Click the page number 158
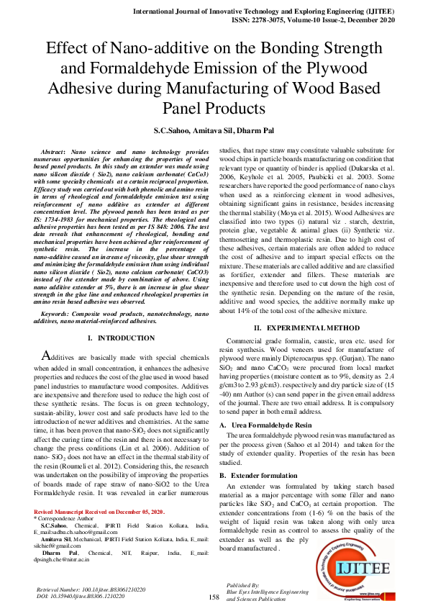pyautogui.click(x=214, y=597)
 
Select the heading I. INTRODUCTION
pyautogui.click(x=115, y=338)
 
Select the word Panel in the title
pyautogui.click(x=186, y=108)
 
